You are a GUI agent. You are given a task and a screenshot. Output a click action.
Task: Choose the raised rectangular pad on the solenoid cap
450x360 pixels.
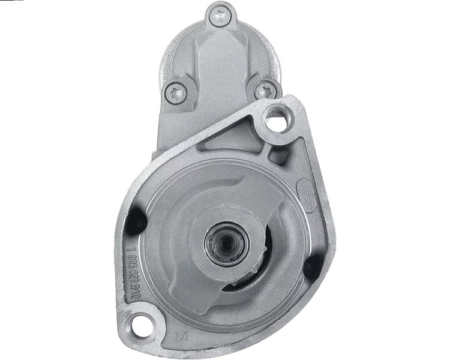[x=219, y=60]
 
